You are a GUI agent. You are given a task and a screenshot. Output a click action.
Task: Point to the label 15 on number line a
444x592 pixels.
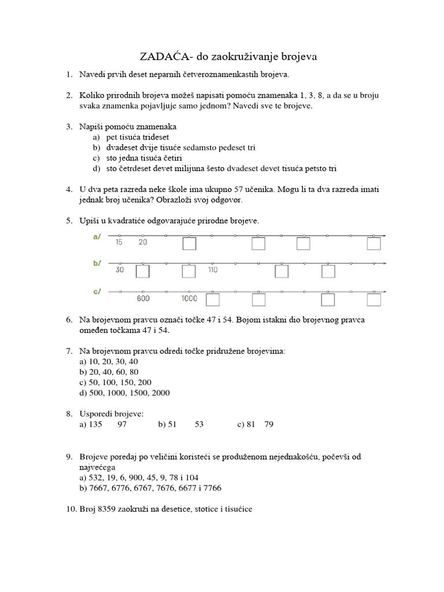coord(119,242)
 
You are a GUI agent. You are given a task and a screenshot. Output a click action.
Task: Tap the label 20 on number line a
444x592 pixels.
coord(143,242)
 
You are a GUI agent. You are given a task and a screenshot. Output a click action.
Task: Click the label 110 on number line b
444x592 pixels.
coord(212,270)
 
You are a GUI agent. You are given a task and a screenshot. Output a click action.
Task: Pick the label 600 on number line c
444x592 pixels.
coord(143,298)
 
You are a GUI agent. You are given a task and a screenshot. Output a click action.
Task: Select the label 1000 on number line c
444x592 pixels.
coord(189,298)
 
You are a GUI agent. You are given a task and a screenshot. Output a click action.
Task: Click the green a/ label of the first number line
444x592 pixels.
coord(97,236)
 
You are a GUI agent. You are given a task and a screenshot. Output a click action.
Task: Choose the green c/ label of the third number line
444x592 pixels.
coord(97,291)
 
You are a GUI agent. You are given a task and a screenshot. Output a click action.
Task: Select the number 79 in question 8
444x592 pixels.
coord(269,425)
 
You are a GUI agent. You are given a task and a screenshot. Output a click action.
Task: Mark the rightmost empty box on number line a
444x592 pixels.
coord(374,245)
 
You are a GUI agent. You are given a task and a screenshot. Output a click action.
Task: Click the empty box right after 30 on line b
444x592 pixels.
coord(143,272)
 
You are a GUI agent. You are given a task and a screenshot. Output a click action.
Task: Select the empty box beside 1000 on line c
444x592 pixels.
coord(213,300)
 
